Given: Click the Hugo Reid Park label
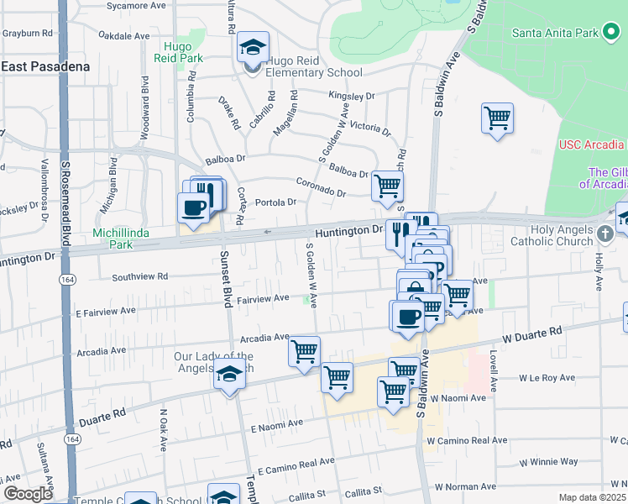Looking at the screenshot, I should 179,52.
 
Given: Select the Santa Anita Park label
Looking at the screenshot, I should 557,33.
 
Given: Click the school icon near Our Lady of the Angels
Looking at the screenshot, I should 228,375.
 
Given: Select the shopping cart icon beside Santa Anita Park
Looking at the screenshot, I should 497,118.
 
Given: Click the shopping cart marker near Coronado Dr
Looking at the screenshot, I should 386,186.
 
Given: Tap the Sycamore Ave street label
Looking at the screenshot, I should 139,6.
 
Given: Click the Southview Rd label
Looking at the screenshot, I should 140,276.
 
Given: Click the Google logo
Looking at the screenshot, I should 27,494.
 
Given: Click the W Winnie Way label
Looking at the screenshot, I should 548,461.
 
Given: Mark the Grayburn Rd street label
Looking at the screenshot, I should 27,34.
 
